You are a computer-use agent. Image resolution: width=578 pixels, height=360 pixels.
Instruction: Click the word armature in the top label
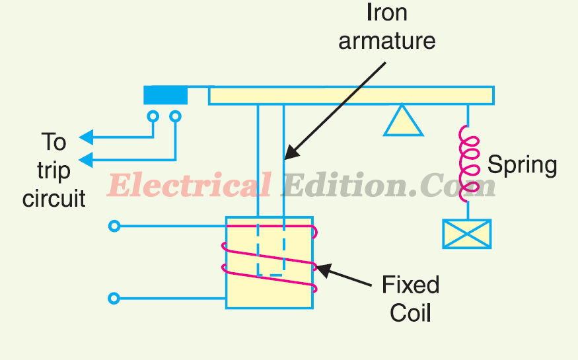(387, 41)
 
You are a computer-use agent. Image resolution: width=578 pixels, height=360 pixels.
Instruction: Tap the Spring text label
(522, 164)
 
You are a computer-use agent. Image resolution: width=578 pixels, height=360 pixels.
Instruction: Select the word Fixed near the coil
(410, 285)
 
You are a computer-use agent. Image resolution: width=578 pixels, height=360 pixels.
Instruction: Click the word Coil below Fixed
(410, 312)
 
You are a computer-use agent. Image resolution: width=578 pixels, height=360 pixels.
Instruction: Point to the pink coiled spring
(468, 162)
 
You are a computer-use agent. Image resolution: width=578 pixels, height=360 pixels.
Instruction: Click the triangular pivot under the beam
(403, 122)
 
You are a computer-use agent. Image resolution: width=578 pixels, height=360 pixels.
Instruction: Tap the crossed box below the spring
(466, 234)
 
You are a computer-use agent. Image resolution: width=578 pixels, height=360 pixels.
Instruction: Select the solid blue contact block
(165, 96)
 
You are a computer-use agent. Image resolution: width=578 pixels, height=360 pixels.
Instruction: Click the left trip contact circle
(153, 116)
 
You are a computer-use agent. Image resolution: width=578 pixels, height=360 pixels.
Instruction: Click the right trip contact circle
(175, 116)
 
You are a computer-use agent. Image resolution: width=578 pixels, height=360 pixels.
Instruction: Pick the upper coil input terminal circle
(114, 227)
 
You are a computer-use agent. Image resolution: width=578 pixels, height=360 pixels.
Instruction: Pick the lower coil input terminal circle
(114, 299)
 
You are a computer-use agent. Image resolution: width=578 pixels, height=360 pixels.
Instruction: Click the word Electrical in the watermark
(189, 186)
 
